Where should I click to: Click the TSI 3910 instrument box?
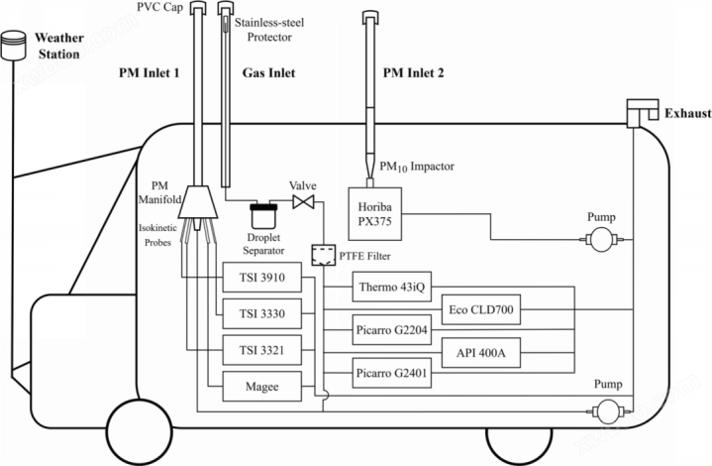262,277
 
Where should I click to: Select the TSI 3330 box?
262,313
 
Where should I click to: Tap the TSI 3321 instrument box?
262,350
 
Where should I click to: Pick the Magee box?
262,387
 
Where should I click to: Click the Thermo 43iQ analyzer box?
392,287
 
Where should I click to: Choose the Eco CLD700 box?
481,309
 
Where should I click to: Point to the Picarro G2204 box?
392,329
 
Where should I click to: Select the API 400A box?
481,352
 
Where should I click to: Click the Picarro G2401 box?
392,373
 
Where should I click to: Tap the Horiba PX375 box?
375,214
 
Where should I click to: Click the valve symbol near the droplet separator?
303,201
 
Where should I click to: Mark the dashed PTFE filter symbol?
323,256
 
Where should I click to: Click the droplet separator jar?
263,216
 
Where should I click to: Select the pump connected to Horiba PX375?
602,239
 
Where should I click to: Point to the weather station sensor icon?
14,45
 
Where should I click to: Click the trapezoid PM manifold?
198,201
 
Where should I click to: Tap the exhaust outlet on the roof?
642,113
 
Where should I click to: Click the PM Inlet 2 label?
413,72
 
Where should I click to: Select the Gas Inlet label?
268,72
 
